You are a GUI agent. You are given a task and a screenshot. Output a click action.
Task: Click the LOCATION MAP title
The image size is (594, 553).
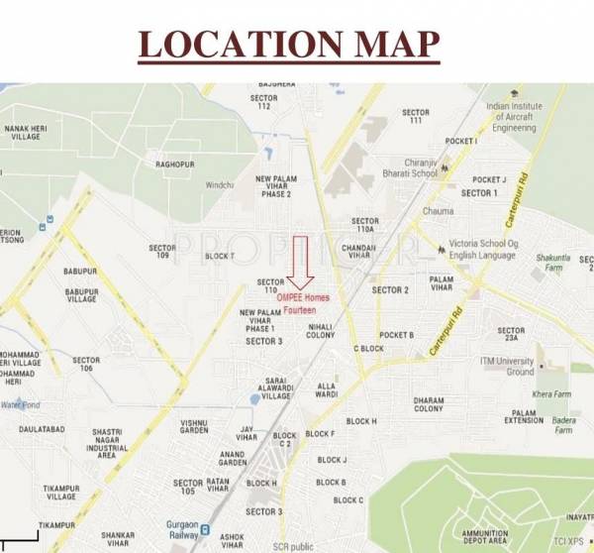coord(287,45)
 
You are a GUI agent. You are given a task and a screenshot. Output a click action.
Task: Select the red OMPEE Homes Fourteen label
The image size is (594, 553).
coord(303,303)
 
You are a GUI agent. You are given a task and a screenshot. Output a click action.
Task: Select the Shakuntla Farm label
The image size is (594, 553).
coord(553,263)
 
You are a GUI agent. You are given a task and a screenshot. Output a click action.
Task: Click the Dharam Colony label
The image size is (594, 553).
coord(429,403)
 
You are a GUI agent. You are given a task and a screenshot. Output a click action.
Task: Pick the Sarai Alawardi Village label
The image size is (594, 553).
coord(276,388)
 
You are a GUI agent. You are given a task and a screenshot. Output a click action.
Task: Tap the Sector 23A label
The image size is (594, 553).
coord(511,336)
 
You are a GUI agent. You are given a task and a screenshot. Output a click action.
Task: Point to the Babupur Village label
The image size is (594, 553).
coord(81,296)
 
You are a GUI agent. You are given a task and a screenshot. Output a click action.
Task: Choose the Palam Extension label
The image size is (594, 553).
coord(524,417)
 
